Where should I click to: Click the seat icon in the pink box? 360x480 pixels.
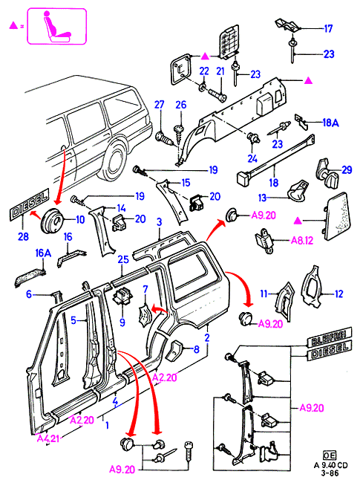57,26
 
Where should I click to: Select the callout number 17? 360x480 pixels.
328,29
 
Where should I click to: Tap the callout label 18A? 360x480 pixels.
330,123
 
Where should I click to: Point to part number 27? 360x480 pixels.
160,105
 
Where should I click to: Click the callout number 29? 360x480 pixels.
347,170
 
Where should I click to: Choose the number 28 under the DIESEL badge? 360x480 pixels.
23,236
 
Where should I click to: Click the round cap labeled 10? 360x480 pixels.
52,219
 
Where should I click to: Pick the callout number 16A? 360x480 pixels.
43,253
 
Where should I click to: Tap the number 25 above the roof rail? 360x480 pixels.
123,260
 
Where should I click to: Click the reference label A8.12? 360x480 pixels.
301,241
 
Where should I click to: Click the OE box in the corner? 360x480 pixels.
330,455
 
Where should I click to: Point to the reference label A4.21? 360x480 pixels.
48,438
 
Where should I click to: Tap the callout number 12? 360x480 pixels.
338,294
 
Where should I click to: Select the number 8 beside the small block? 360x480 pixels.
196,349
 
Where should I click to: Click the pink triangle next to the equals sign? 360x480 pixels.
13,26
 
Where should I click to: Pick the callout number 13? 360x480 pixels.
263,198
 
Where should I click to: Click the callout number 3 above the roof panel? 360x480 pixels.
160,223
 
